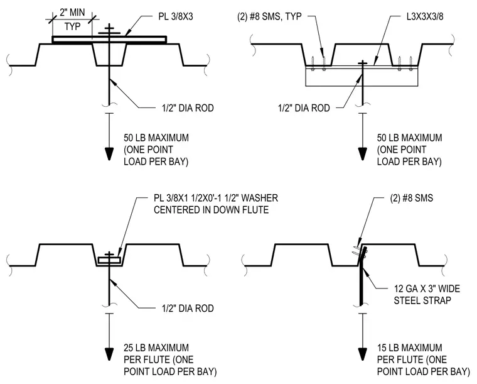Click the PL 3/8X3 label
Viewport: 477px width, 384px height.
point(176,16)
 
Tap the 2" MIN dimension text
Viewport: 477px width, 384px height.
point(72,12)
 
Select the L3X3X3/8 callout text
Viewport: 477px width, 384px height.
point(425,16)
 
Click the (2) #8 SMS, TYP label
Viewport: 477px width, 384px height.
point(269,16)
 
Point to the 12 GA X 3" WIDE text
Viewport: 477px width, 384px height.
point(427,288)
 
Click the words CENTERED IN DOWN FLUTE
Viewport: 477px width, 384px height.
point(211,210)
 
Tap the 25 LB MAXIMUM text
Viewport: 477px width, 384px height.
point(156,348)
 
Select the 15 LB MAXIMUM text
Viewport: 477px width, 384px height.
point(409,348)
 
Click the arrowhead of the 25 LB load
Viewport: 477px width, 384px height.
point(109,354)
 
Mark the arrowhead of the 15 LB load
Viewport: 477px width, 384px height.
point(362,354)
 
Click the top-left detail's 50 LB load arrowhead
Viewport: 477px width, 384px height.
point(109,154)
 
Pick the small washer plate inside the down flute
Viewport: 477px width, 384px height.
point(109,261)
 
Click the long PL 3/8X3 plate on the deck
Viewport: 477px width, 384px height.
point(109,40)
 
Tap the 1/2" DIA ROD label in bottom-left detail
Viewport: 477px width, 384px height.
point(188,308)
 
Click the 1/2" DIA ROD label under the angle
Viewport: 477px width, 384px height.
point(304,108)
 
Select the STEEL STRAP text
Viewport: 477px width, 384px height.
point(422,300)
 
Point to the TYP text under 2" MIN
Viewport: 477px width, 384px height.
point(72,26)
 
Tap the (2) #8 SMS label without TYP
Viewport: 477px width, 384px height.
point(411,198)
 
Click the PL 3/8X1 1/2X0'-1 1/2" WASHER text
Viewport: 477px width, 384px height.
point(216,198)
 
